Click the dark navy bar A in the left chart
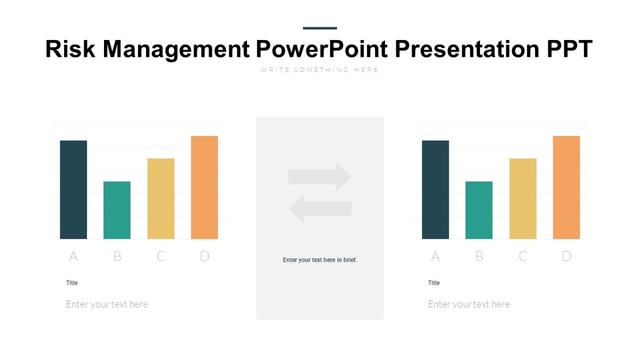tap(73, 189)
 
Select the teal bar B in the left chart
tap(117, 210)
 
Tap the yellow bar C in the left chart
tap(161, 198)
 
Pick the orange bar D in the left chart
tap(204, 187)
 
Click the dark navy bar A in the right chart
tap(435, 189)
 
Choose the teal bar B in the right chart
tap(479, 210)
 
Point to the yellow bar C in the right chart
tap(523, 198)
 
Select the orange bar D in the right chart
tap(566, 187)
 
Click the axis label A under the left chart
tap(73, 257)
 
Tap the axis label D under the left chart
tap(204, 257)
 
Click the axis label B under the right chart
tap(479, 257)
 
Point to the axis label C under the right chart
tap(523, 257)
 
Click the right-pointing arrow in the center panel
tap(320, 177)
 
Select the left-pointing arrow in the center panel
tap(320, 209)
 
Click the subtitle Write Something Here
tap(319, 70)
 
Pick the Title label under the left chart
tap(72, 283)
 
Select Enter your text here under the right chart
tap(469, 305)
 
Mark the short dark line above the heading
tap(320, 28)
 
